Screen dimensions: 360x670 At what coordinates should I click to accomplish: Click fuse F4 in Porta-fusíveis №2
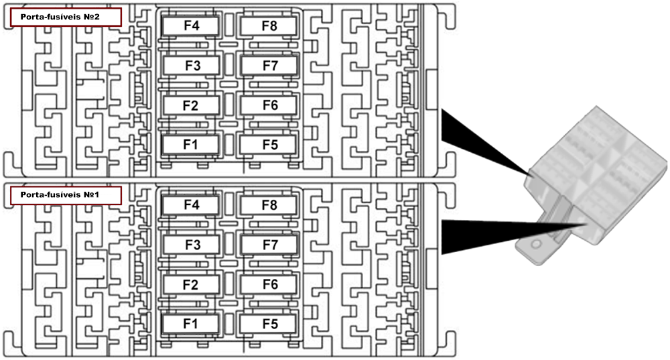[192, 25]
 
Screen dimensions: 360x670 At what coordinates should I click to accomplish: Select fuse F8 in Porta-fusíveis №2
[269, 25]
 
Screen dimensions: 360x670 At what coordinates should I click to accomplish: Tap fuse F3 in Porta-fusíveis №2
[192, 65]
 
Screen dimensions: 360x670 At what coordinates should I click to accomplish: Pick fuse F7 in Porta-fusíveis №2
[269, 65]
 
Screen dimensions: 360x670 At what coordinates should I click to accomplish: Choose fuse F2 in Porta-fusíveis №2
[192, 105]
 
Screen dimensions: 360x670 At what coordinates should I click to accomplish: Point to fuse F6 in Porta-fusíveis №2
[269, 105]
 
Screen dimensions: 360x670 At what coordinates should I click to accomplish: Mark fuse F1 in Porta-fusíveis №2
[192, 144]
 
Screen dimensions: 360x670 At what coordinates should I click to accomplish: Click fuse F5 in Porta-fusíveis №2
[269, 144]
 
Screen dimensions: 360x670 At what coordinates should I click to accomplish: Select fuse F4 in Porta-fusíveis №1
[192, 205]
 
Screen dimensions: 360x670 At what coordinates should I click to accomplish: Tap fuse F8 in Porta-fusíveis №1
[269, 205]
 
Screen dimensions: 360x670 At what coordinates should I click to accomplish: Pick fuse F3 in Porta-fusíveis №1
[192, 245]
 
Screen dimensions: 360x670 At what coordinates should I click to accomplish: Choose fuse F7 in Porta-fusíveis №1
[269, 245]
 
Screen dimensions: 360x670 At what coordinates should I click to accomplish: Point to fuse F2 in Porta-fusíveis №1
[192, 285]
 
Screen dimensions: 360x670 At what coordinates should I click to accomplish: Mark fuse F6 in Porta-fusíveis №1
[269, 285]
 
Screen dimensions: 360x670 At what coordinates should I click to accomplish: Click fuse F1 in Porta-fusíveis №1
[192, 324]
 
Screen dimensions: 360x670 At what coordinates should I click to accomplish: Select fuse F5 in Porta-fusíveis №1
[269, 324]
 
